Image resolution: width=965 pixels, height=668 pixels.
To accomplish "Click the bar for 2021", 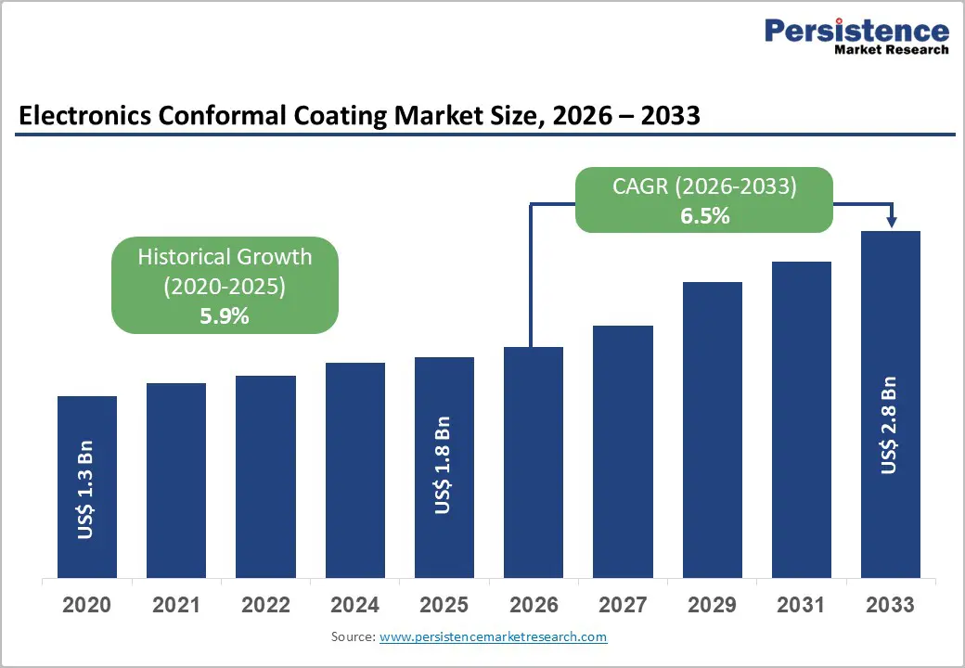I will (176, 480).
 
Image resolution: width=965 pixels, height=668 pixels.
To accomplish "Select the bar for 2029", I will (713, 430).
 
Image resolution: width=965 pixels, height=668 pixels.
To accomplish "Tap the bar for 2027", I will (623, 451).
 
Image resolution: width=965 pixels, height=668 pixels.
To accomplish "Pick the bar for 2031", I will (802, 419).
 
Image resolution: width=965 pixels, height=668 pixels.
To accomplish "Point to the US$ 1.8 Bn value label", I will (444, 466).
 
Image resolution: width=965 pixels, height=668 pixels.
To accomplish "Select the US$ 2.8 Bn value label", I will (890, 425).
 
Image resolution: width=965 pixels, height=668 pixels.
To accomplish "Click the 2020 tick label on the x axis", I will (86, 606).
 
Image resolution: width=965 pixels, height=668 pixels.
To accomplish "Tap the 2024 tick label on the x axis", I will (354, 606).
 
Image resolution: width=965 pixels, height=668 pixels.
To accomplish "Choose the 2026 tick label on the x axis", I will (534, 606).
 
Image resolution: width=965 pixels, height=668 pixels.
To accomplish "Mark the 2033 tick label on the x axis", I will (890, 606).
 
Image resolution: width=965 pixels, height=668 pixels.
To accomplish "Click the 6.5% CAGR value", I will (704, 217).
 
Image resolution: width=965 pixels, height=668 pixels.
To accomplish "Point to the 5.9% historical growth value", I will (225, 315).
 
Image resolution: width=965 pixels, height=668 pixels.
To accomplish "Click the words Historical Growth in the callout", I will (225, 257).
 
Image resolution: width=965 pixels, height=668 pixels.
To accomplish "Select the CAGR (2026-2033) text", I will (704, 186).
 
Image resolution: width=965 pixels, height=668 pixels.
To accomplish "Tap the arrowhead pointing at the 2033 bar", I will (891, 223).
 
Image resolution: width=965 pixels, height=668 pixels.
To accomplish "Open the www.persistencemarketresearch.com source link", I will (493, 637).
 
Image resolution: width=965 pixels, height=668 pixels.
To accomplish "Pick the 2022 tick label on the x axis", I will (265, 606).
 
